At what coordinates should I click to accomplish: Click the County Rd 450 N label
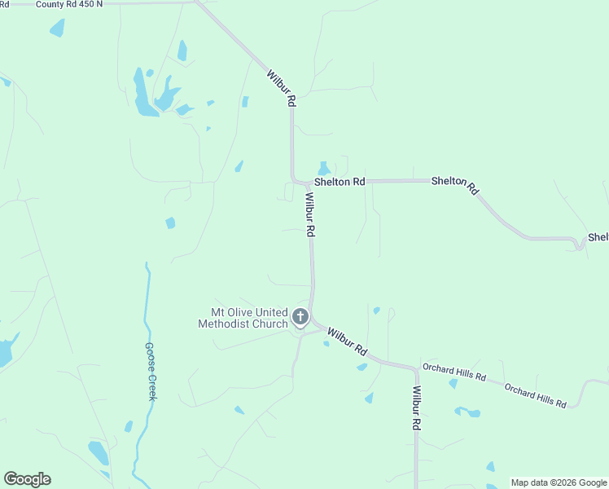point(69,4)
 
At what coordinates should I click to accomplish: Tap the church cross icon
point(300,317)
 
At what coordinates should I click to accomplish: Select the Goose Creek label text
point(151,370)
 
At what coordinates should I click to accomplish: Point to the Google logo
point(27,479)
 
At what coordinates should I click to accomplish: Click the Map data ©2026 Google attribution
point(559,482)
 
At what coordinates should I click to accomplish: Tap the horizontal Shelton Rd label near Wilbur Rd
point(340,182)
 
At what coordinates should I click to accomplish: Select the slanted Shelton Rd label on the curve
point(454,185)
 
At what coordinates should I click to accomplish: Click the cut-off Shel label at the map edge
point(598,237)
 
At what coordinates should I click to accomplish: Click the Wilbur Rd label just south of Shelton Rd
point(309,214)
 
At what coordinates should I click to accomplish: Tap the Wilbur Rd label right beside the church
point(347,340)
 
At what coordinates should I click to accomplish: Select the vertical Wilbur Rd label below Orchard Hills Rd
point(416,408)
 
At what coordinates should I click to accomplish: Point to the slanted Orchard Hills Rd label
point(535,395)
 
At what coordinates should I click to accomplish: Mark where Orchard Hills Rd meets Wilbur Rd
point(416,369)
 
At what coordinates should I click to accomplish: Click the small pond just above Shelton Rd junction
point(324,169)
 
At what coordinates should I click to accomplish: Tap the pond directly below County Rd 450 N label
point(57,29)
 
